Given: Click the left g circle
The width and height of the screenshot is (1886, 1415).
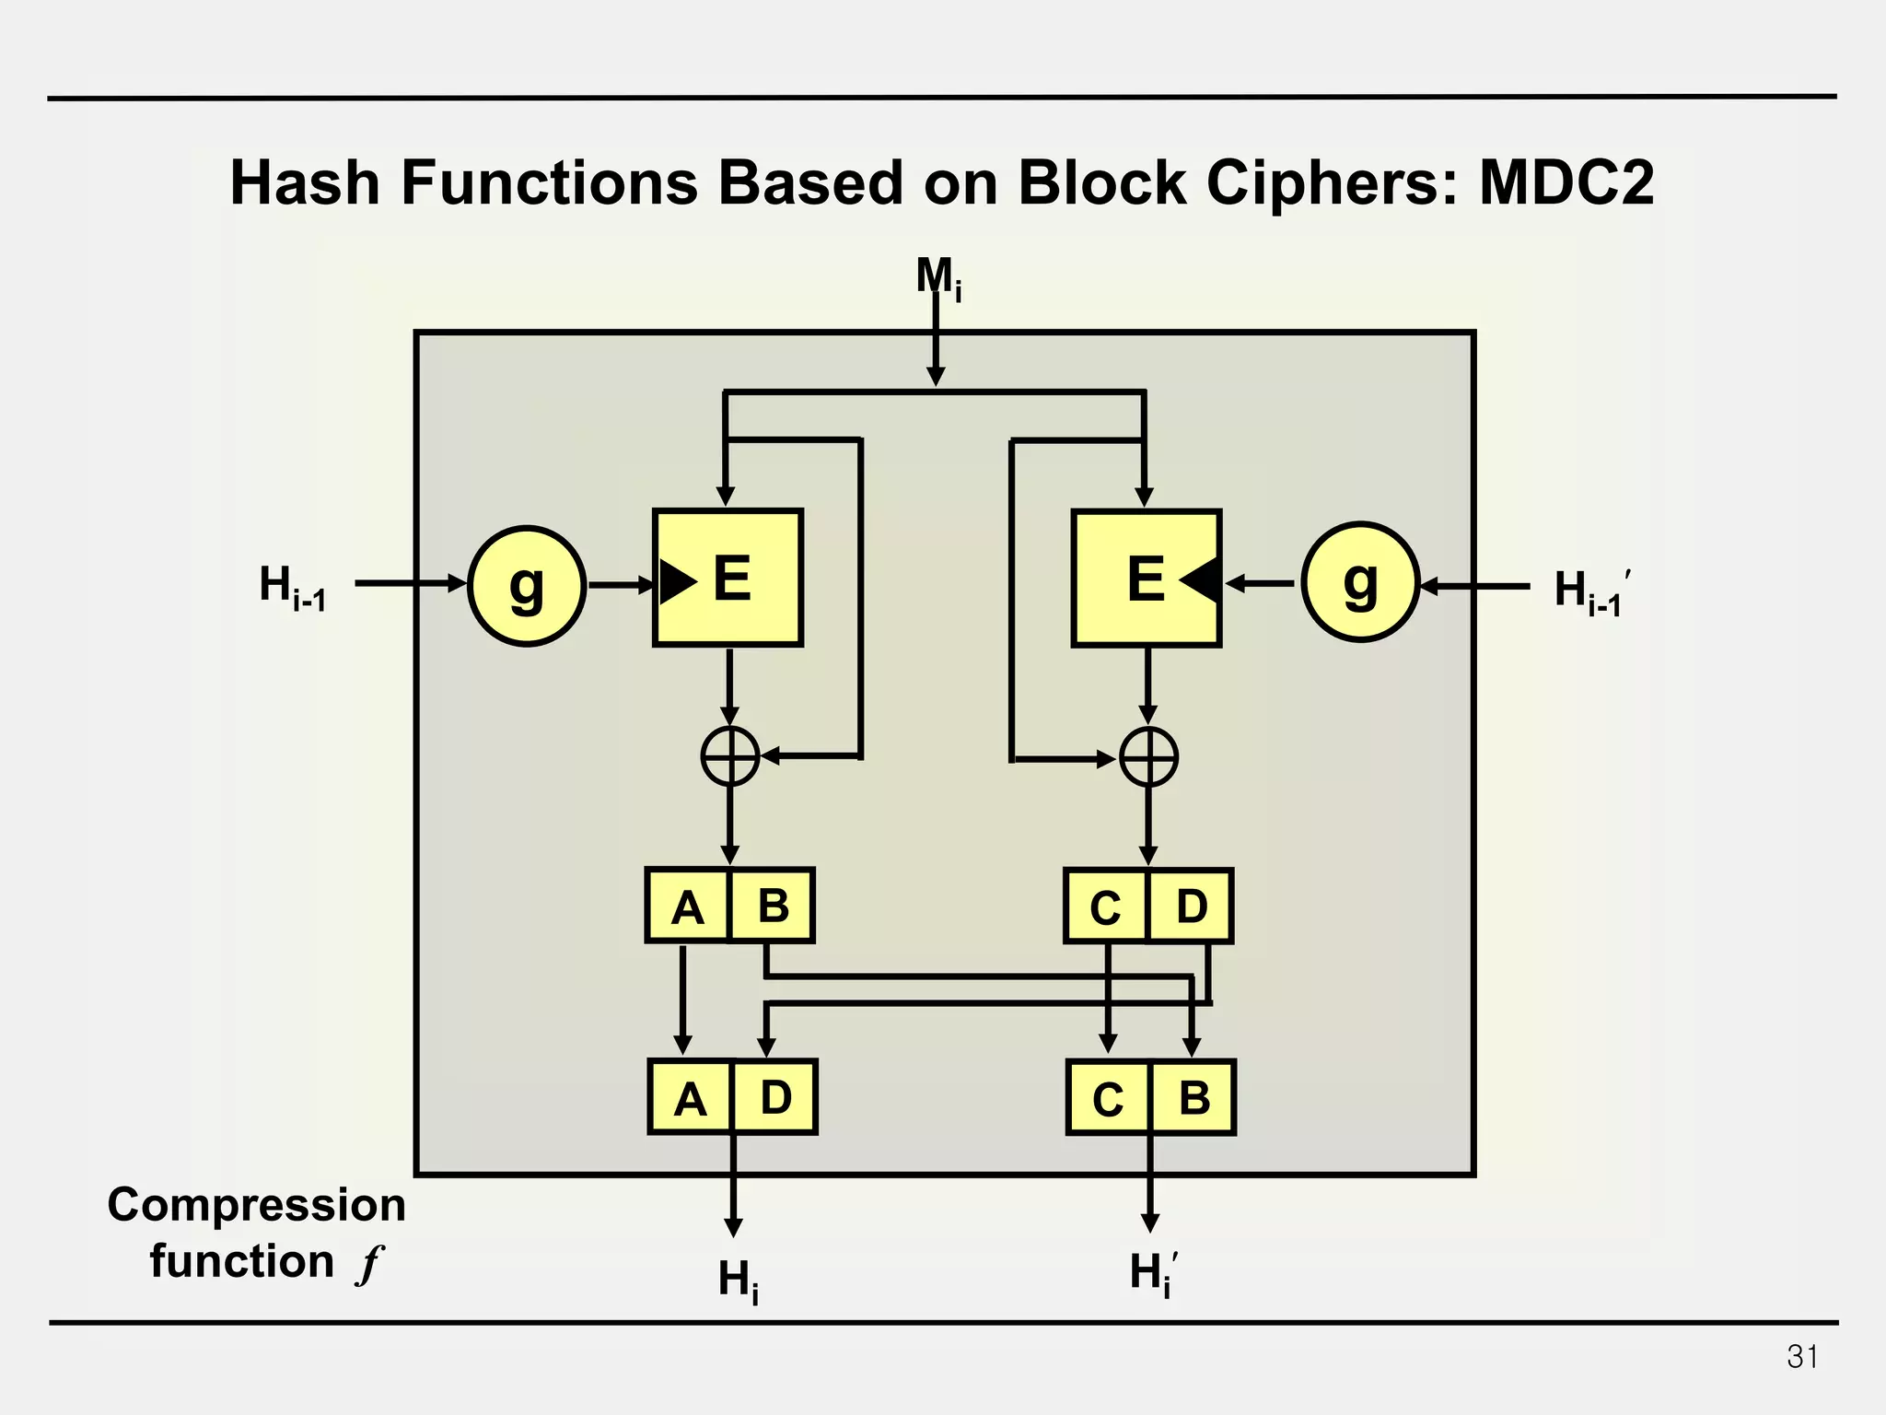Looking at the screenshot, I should click(527, 586).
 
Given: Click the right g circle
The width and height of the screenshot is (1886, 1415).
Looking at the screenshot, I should click(1360, 582).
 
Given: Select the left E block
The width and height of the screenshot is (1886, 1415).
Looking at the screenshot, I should click(728, 578).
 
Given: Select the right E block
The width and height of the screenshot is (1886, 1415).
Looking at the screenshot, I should click(1147, 578).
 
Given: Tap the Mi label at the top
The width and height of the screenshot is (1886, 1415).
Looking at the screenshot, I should click(937, 276).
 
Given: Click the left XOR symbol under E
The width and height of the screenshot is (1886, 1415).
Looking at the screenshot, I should click(730, 756).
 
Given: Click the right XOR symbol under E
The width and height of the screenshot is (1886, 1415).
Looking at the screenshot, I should click(1148, 757).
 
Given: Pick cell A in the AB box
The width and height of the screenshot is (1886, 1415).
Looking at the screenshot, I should click(687, 906).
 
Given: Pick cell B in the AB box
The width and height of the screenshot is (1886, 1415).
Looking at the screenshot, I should click(772, 906).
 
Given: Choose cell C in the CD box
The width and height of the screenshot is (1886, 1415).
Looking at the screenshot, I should click(1105, 907).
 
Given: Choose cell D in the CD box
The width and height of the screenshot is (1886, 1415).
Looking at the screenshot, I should click(1191, 906).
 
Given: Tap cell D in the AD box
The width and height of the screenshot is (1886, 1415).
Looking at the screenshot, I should click(775, 1097).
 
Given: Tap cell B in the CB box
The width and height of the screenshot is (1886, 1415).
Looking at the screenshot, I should click(1193, 1098).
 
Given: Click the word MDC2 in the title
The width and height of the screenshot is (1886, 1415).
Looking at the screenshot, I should click(1566, 182).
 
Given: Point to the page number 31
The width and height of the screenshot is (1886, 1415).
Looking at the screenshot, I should click(1802, 1357).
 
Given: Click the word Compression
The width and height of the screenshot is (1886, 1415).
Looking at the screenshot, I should click(256, 1205).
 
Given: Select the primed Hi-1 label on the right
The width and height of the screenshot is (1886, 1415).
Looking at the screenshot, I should click(1591, 591).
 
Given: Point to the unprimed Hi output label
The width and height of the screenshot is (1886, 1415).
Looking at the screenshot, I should click(738, 1280).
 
